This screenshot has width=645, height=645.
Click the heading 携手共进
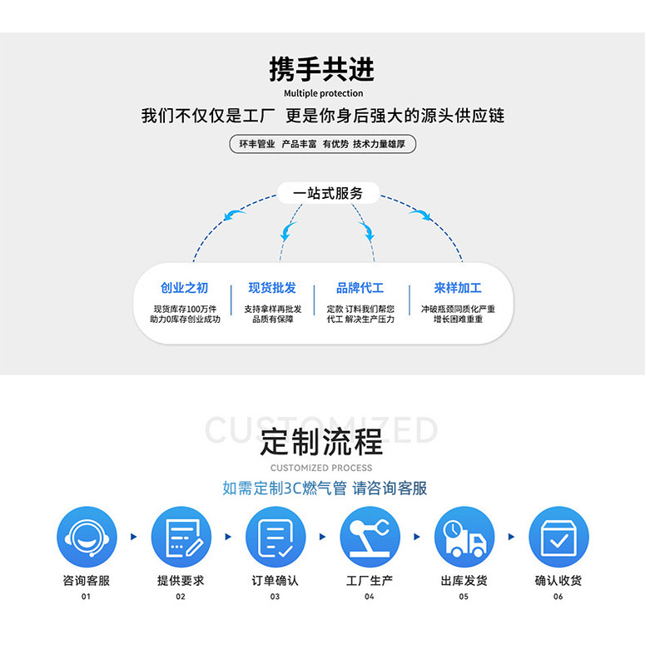coord(322,69)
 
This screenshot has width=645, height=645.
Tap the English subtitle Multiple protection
coord(323,93)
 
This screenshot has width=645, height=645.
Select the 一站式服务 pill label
coord(328,194)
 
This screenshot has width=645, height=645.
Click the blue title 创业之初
coord(185,288)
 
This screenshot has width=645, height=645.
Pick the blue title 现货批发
coord(272,288)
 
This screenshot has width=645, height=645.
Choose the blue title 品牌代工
coord(360,288)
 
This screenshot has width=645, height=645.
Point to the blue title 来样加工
coord(457,288)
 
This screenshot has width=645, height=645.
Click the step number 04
coord(370,597)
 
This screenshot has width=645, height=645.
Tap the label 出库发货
coord(464,580)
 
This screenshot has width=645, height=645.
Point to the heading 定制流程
coord(322,441)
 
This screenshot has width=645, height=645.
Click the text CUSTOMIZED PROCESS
coord(322,468)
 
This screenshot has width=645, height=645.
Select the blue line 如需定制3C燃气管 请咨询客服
coord(325,489)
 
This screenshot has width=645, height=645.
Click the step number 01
coord(86,597)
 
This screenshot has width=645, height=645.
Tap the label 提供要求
coord(181,580)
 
